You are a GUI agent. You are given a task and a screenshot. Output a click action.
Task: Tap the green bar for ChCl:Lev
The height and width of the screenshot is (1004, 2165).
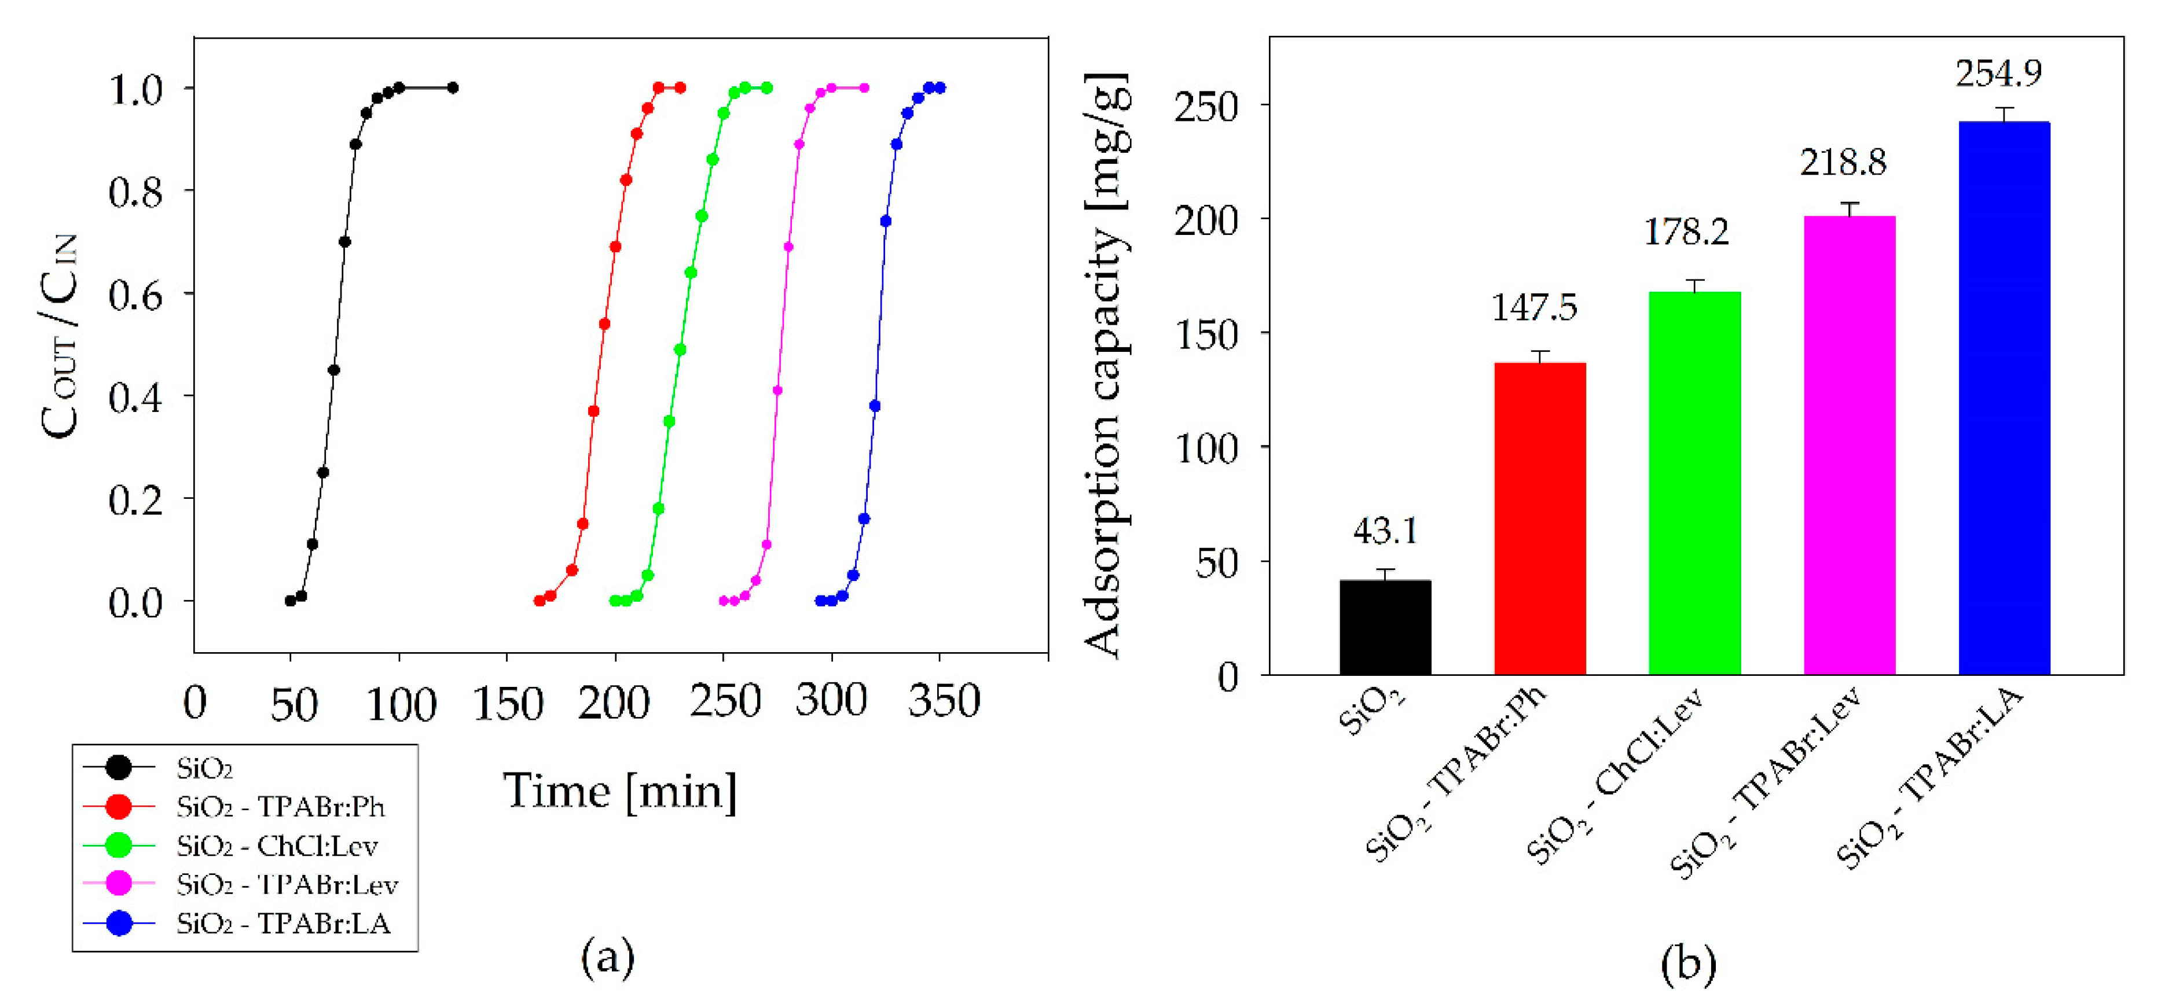tap(1694, 483)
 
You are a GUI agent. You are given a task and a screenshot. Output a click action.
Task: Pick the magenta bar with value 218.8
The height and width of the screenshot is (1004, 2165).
tap(1849, 445)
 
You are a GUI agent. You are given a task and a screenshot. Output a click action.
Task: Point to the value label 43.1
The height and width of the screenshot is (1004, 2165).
tap(1384, 531)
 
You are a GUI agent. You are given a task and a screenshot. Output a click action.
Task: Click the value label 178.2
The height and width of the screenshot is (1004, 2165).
tap(1685, 233)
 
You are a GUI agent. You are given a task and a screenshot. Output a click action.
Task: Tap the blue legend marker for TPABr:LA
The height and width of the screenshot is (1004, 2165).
tap(119, 924)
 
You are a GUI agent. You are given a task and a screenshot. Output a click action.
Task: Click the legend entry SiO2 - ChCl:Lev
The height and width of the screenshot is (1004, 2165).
tap(277, 845)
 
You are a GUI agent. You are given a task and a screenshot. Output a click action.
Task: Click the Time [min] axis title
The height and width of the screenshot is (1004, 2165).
tap(619, 792)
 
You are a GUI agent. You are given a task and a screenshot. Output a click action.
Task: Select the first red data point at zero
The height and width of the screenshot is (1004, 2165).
tap(540, 601)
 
